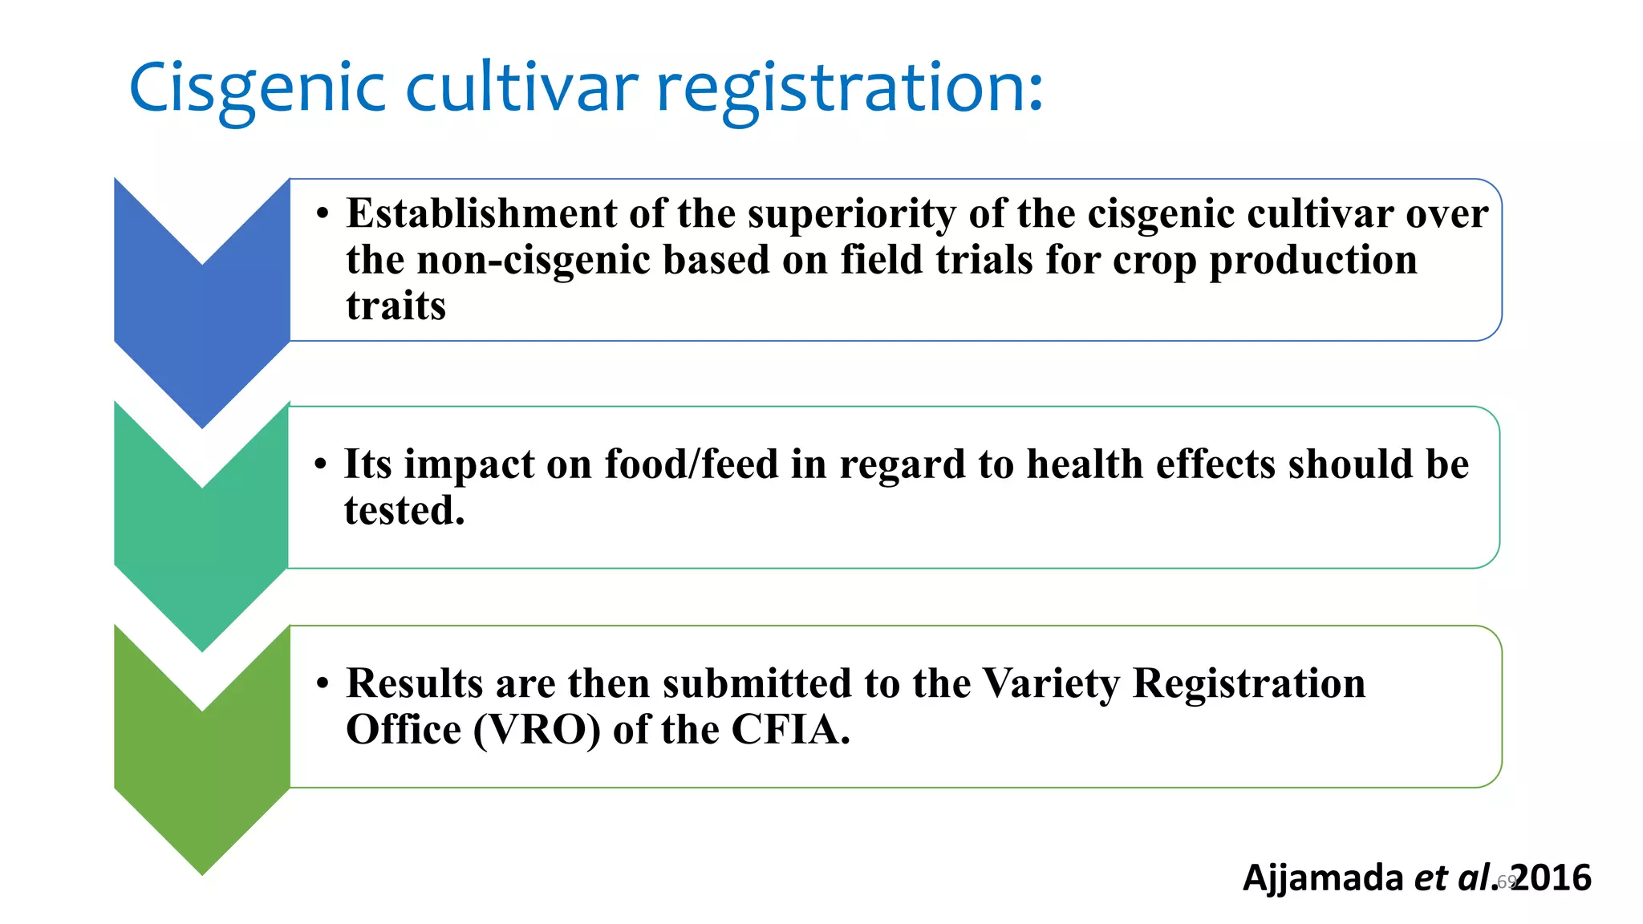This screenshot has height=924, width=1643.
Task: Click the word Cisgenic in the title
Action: tap(258, 88)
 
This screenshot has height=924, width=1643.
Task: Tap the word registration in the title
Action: tap(850, 88)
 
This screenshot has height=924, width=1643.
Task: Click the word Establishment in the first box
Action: tap(481, 214)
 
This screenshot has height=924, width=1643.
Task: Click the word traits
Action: tap(396, 306)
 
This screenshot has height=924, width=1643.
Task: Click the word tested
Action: tap(404, 511)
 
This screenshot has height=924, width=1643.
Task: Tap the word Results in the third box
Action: tap(414, 683)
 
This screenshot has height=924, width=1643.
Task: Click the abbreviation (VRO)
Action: tap(537, 730)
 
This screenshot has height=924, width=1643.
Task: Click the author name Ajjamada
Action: tap(1322, 877)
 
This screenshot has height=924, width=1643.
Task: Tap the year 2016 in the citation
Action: tap(1553, 877)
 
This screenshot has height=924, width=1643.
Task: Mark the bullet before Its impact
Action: tap(321, 465)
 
